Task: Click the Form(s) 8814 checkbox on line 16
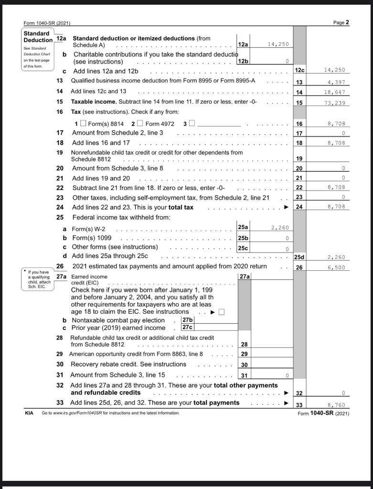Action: (x=84, y=124)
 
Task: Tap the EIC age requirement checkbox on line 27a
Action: (x=221, y=312)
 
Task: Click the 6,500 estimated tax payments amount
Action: (x=336, y=268)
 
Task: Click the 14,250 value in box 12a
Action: (x=278, y=44)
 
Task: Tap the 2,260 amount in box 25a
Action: (x=280, y=228)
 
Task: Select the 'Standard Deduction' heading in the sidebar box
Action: (x=38, y=37)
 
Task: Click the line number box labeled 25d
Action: (x=299, y=257)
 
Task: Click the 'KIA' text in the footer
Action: (x=29, y=413)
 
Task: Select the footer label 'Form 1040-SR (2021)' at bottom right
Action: (x=323, y=413)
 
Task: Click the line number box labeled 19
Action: (x=299, y=159)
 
